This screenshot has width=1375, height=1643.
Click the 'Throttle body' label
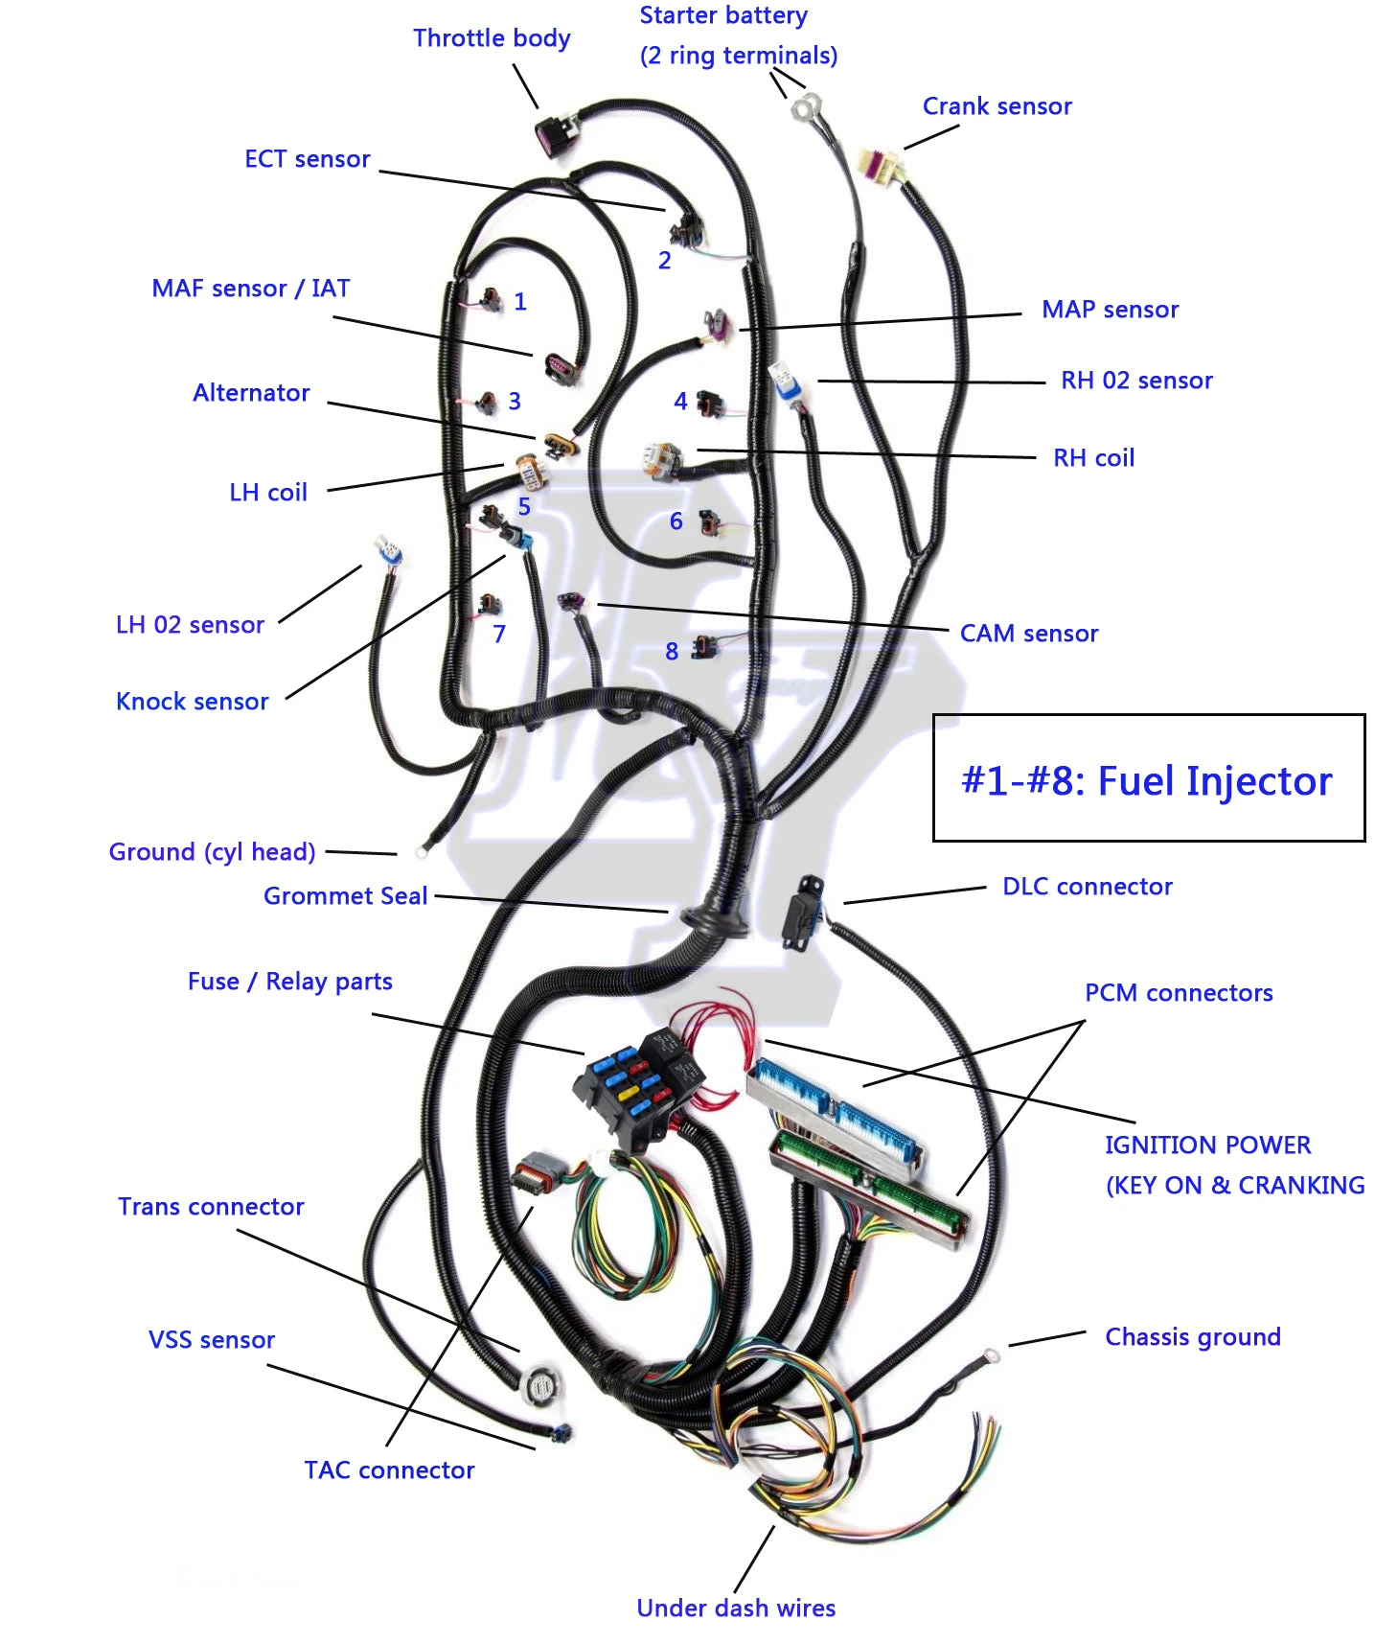492,38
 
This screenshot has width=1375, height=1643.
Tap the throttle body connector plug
556,135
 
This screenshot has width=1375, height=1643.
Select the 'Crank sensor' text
997,106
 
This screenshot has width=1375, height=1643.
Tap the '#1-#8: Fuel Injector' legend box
1148,778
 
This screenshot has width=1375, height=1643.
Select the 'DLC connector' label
1087,887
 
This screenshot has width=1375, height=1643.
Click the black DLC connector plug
801,912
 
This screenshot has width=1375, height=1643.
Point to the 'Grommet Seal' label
345,896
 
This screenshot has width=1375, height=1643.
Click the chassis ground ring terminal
991,1355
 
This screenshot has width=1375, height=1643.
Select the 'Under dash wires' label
736,1608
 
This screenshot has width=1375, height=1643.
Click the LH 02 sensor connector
389,552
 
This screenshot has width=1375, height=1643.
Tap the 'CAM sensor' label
1028,634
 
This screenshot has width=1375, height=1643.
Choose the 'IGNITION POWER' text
1207,1145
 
